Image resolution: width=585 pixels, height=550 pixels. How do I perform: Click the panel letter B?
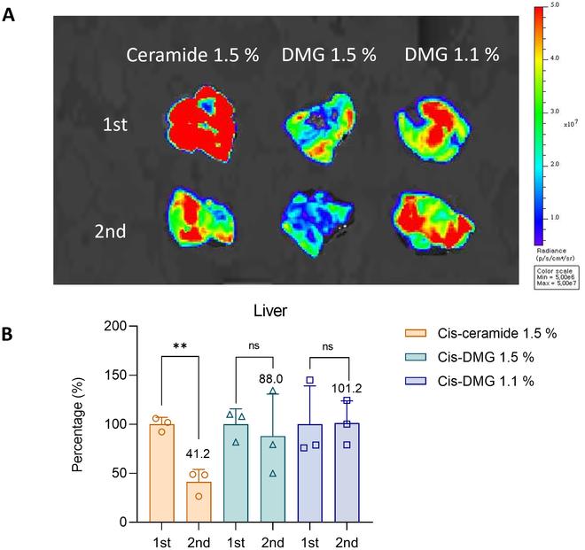click(x=10, y=336)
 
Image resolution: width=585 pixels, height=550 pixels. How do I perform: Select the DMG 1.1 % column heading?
click(x=451, y=54)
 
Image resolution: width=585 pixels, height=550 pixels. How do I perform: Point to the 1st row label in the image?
click(x=115, y=124)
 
